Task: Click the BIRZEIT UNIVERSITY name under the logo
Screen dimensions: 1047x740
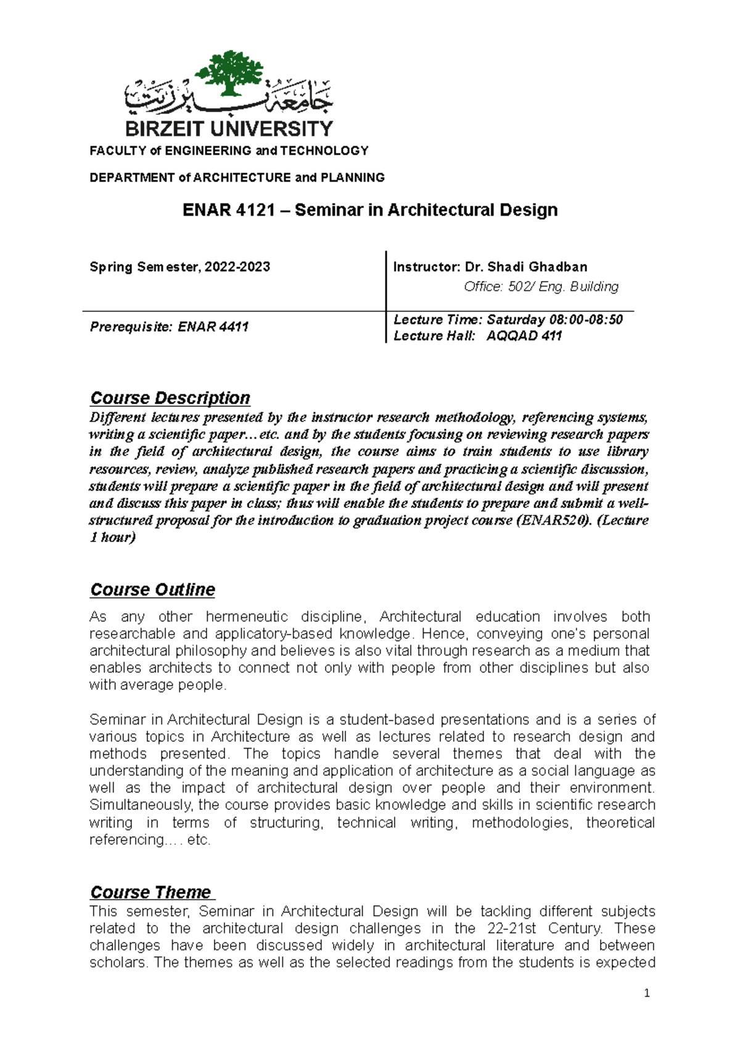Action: [x=229, y=129]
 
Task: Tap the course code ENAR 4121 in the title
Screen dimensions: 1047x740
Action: [x=228, y=210]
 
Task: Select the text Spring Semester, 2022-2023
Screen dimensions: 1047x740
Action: [x=179, y=267]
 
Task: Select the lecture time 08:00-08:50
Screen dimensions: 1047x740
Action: [x=586, y=319]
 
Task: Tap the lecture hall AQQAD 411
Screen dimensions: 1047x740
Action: [x=524, y=336]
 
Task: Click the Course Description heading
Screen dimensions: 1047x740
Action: [x=170, y=398]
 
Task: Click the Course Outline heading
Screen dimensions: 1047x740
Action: [x=152, y=589]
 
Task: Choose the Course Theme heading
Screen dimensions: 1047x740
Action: [x=150, y=892]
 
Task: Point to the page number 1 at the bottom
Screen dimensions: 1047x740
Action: [x=646, y=993]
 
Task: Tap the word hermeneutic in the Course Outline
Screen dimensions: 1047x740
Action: [x=247, y=617]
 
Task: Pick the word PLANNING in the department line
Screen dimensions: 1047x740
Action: [x=352, y=178]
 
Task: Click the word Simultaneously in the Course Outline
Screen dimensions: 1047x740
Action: [x=141, y=805]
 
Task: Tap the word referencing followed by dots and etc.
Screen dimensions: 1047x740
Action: [x=126, y=840]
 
